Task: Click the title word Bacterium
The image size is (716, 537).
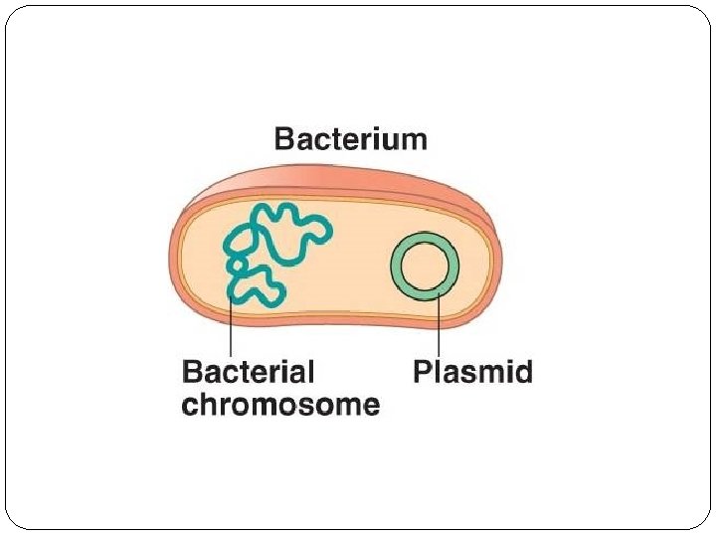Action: [351, 138]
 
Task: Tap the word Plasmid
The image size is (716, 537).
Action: [472, 373]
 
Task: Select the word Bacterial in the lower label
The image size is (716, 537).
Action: [248, 373]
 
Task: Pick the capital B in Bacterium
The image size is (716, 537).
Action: [284, 138]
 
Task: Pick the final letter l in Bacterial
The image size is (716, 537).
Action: [310, 372]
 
